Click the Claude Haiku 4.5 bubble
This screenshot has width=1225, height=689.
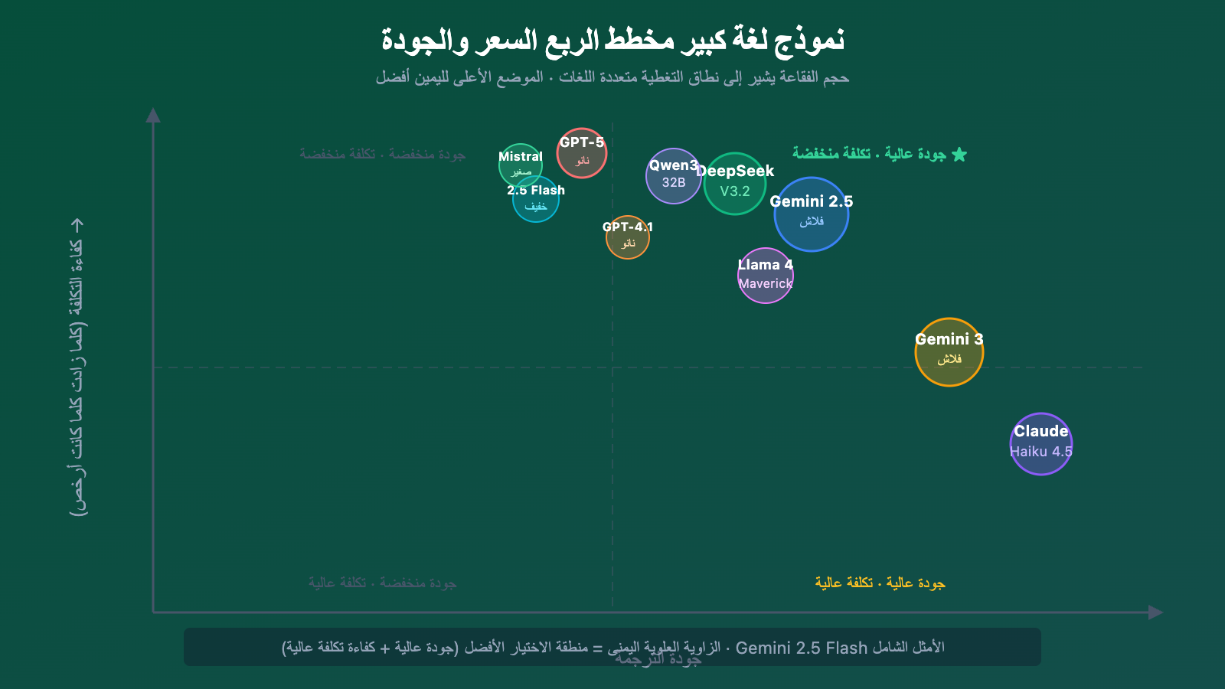[1041, 444]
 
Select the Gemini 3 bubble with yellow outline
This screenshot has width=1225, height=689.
[949, 352]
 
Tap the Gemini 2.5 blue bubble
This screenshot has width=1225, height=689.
[812, 214]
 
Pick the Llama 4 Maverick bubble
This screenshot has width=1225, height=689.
[766, 276]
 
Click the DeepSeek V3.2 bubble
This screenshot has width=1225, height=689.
[735, 184]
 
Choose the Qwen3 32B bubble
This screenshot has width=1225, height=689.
[673, 176]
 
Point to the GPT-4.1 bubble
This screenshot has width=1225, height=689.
[628, 237]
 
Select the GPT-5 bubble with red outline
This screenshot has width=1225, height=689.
[582, 153]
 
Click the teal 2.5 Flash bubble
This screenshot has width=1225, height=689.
[536, 201]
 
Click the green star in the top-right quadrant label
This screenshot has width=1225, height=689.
[959, 155]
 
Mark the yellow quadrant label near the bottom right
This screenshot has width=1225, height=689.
[880, 583]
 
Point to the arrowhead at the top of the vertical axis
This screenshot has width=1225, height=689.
[153, 115]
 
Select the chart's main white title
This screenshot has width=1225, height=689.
[612, 40]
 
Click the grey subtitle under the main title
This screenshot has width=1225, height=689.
[612, 77]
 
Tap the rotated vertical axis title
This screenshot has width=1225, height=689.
[77, 367]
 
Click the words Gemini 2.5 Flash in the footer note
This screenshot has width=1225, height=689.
[801, 648]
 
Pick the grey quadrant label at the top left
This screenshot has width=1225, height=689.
[383, 154]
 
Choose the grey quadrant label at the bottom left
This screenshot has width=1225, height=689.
[383, 583]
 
